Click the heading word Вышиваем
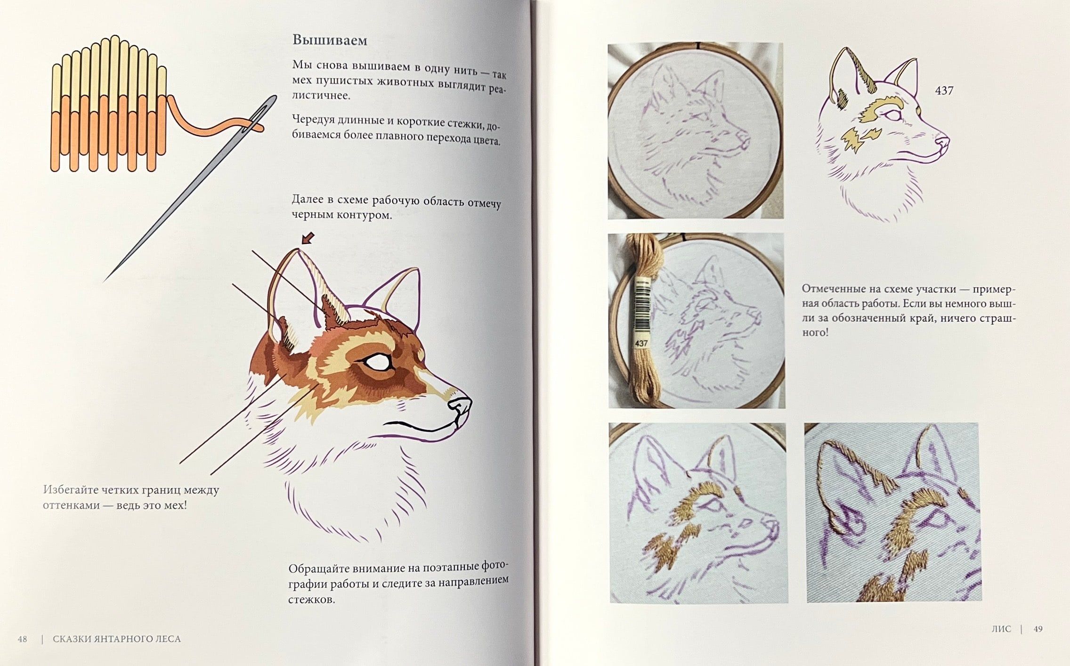coord(330,40)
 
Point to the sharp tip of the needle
coord(105,281)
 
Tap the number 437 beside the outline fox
coord(944,90)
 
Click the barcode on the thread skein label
coord(641,306)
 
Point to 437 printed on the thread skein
coord(641,344)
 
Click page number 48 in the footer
coord(22,639)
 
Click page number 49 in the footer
coord(1038,629)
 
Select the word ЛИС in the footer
coord(1001,629)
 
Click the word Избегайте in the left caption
coord(70,490)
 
